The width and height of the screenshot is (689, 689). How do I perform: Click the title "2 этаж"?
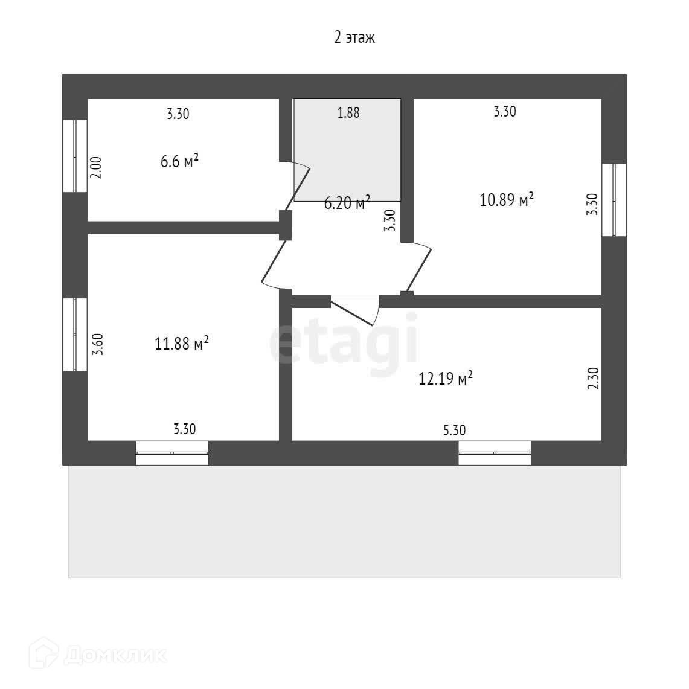point(354,38)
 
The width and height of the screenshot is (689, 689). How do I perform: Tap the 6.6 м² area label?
point(179,162)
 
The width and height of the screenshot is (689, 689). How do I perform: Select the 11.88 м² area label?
point(182,344)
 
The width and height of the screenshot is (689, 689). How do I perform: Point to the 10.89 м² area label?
point(507,199)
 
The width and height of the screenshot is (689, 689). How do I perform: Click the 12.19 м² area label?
point(446,379)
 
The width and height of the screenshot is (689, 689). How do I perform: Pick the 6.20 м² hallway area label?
point(347,203)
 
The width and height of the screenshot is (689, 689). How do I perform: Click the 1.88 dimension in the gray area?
point(348,112)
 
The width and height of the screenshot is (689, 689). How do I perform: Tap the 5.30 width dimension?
point(454,430)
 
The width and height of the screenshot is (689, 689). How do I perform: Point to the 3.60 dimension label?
point(97,344)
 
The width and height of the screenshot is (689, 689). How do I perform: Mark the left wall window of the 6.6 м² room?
point(75,156)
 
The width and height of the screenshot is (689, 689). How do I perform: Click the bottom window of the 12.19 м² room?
point(494,453)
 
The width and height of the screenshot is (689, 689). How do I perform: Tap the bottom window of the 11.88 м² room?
point(171,453)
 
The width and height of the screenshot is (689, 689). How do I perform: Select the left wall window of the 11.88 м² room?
point(75,334)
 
